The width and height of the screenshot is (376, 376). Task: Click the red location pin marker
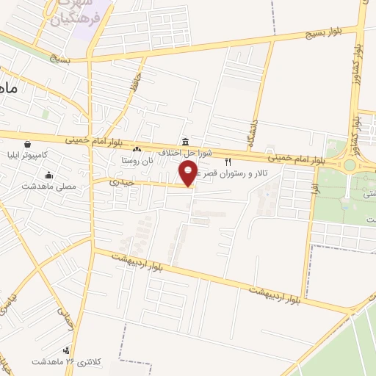(x=189, y=173)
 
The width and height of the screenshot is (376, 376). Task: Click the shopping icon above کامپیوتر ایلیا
(x=27, y=144)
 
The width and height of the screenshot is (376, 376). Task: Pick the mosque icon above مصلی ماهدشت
(x=48, y=175)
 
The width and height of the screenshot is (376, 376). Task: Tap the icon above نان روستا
(x=137, y=150)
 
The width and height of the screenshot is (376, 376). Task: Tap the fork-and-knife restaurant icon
(x=228, y=162)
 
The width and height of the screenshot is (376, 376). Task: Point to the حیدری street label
(x=120, y=181)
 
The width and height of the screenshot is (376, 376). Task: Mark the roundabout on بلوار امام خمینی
(x=350, y=165)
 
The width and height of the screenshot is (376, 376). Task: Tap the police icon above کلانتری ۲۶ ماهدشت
(x=67, y=350)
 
